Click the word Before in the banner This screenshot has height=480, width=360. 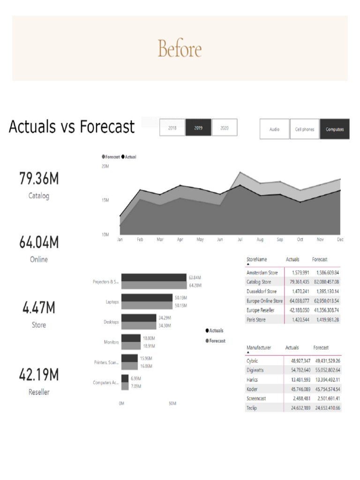(180, 49)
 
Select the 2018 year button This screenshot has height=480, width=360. (172, 127)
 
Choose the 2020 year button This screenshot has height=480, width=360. (225, 127)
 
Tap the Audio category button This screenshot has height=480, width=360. (275, 129)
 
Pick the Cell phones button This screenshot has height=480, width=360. (305, 129)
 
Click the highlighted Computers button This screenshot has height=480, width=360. (335, 129)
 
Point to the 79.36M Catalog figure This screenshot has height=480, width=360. (39, 179)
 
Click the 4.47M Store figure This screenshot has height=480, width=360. (39, 308)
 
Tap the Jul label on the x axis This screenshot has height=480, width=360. (240, 240)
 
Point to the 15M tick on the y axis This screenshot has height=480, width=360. (105, 200)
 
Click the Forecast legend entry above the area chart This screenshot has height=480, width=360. (111, 157)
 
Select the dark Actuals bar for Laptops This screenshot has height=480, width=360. (147, 298)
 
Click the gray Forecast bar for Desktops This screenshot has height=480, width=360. (139, 325)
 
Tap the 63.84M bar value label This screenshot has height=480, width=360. (195, 277)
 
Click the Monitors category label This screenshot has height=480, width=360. (111, 342)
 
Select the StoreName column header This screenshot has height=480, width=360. (256, 259)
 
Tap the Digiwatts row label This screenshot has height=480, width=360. (256, 370)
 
